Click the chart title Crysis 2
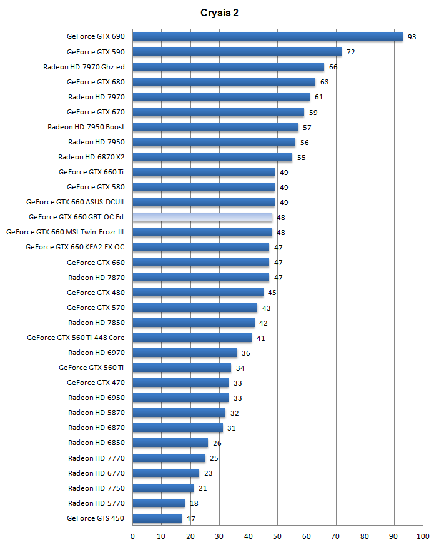point(219,13)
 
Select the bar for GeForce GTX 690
point(267,36)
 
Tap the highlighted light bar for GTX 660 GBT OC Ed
point(202,217)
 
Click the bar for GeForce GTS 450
point(157,518)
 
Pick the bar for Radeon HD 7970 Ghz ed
point(228,66)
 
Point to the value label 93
point(412,37)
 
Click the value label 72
point(350,52)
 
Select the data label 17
point(190,519)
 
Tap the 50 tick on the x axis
point(278,536)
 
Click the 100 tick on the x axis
point(423,536)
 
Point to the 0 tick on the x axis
point(132,536)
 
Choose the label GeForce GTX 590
point(96,52)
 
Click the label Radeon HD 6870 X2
point(91,157)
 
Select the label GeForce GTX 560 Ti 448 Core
point(76,338)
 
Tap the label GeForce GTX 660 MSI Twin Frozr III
point(65,232)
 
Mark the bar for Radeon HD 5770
point(159,503)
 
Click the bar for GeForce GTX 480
point(198,292)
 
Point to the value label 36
point(245,353)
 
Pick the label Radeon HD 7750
point(96,488)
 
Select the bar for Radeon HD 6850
point(170,443)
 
